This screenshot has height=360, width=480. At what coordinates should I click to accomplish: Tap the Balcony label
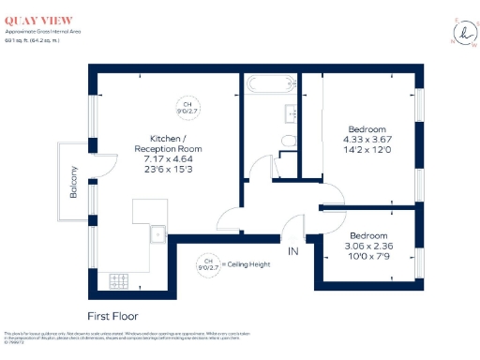coord(73,181)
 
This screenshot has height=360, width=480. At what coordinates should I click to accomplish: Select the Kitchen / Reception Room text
coord(169,142)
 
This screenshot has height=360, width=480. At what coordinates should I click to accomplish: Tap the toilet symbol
coord(289,142)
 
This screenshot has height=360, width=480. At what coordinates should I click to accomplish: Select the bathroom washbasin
coord(292,112)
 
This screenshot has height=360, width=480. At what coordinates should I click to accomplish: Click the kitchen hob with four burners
coord(120,278)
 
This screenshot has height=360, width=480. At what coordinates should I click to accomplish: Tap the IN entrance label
coord(292,250)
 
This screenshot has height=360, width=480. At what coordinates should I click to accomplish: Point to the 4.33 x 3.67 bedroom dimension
coord(367,140)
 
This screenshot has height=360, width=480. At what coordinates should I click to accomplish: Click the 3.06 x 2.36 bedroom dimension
coord(368,246)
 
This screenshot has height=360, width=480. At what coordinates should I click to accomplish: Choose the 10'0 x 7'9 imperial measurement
coord(368,256)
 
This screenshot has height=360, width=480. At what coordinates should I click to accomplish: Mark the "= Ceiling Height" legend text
coord(247,264)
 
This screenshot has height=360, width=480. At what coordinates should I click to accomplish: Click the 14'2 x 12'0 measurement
coord(367,150)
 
